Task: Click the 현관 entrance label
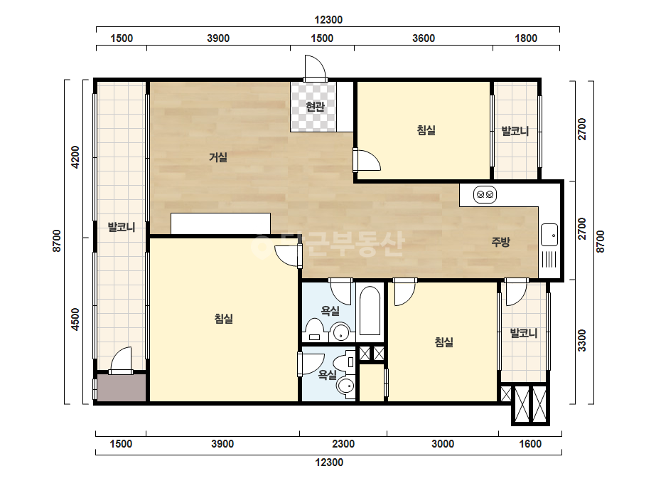click(315, 107)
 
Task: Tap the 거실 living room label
click(218, 157)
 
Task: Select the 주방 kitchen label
click(500, 242)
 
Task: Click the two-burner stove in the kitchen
click(485, 194)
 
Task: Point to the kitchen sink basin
click(549, 235)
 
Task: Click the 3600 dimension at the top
click(424, 38)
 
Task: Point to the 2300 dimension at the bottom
click(343, 444)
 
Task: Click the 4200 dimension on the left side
click(75, 157)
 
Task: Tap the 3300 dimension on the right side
click(581, 340)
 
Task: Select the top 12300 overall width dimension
click(328, 20)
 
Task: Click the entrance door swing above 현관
click(315, 67)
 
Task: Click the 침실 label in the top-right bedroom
click(426, 130)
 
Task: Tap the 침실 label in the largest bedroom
click(223, 319)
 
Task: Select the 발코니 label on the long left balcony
click(122, 227)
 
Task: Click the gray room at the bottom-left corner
click(122, 388)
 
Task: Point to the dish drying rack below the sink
click(549, 259)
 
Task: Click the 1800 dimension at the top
click(526, 38)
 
